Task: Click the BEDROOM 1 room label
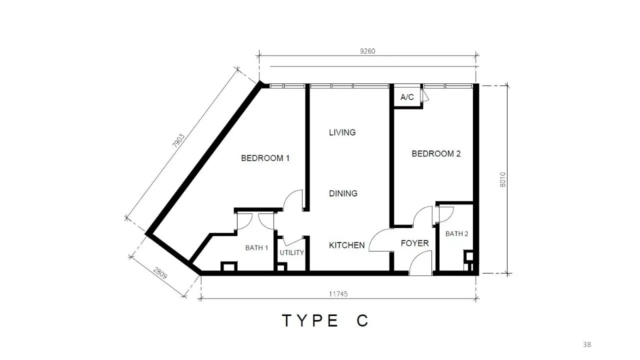point(265,158)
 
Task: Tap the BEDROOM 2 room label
point(436,153)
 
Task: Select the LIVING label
point(342,132)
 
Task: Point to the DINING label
point(343,193)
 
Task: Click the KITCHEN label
point(347,245)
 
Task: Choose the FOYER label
point(414,243)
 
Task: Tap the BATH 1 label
point(256,247)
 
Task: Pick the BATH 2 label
point(456,233)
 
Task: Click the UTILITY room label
point(291,252)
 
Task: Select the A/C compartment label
point(407,97)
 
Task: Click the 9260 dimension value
point(367,51)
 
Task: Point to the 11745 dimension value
point(338,294)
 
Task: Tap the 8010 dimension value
point(502,179)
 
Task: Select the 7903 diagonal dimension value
point(178,140)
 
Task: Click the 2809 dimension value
point(160,273)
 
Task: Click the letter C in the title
point(362,320)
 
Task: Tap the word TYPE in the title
point(310,320)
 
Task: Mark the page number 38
point(587,344)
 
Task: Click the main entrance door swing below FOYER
point(420,263)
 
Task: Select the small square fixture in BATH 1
point(229,266)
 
